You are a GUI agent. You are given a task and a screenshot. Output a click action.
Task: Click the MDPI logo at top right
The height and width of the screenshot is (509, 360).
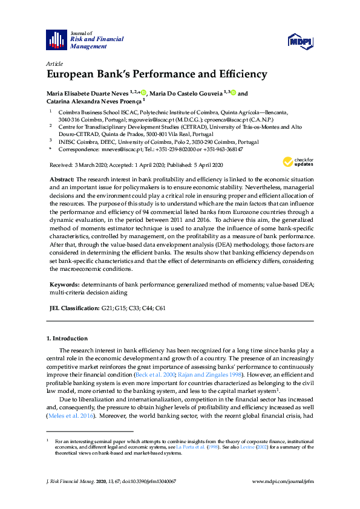[x=300, y=41]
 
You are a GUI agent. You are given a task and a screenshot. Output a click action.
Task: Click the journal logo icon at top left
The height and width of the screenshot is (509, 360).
[x=56, y=40]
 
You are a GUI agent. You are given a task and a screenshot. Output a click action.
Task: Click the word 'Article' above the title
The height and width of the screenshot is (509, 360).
[x=54, y=63]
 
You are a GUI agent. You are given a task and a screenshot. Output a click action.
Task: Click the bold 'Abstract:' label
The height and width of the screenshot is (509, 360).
[x=61, y=180]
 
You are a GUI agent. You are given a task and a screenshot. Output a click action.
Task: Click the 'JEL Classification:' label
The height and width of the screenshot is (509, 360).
[x=74, y=308]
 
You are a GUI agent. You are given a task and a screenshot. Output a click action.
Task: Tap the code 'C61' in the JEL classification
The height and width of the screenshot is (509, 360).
[x=160, y=308]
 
